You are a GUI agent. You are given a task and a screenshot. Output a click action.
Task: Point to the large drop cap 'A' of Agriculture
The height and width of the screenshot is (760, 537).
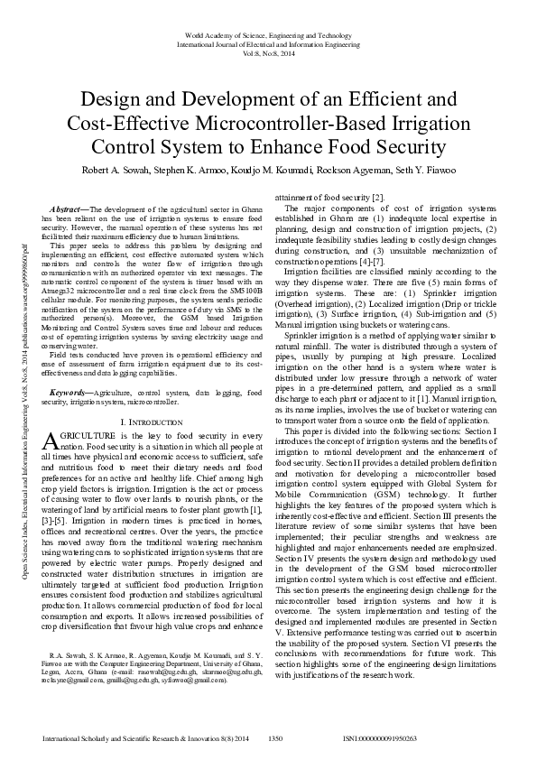pyautogui.click(x=51, y=440)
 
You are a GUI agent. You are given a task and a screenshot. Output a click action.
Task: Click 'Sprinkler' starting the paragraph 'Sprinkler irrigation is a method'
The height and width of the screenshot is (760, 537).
pyautogui.click(x=301, y=334)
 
